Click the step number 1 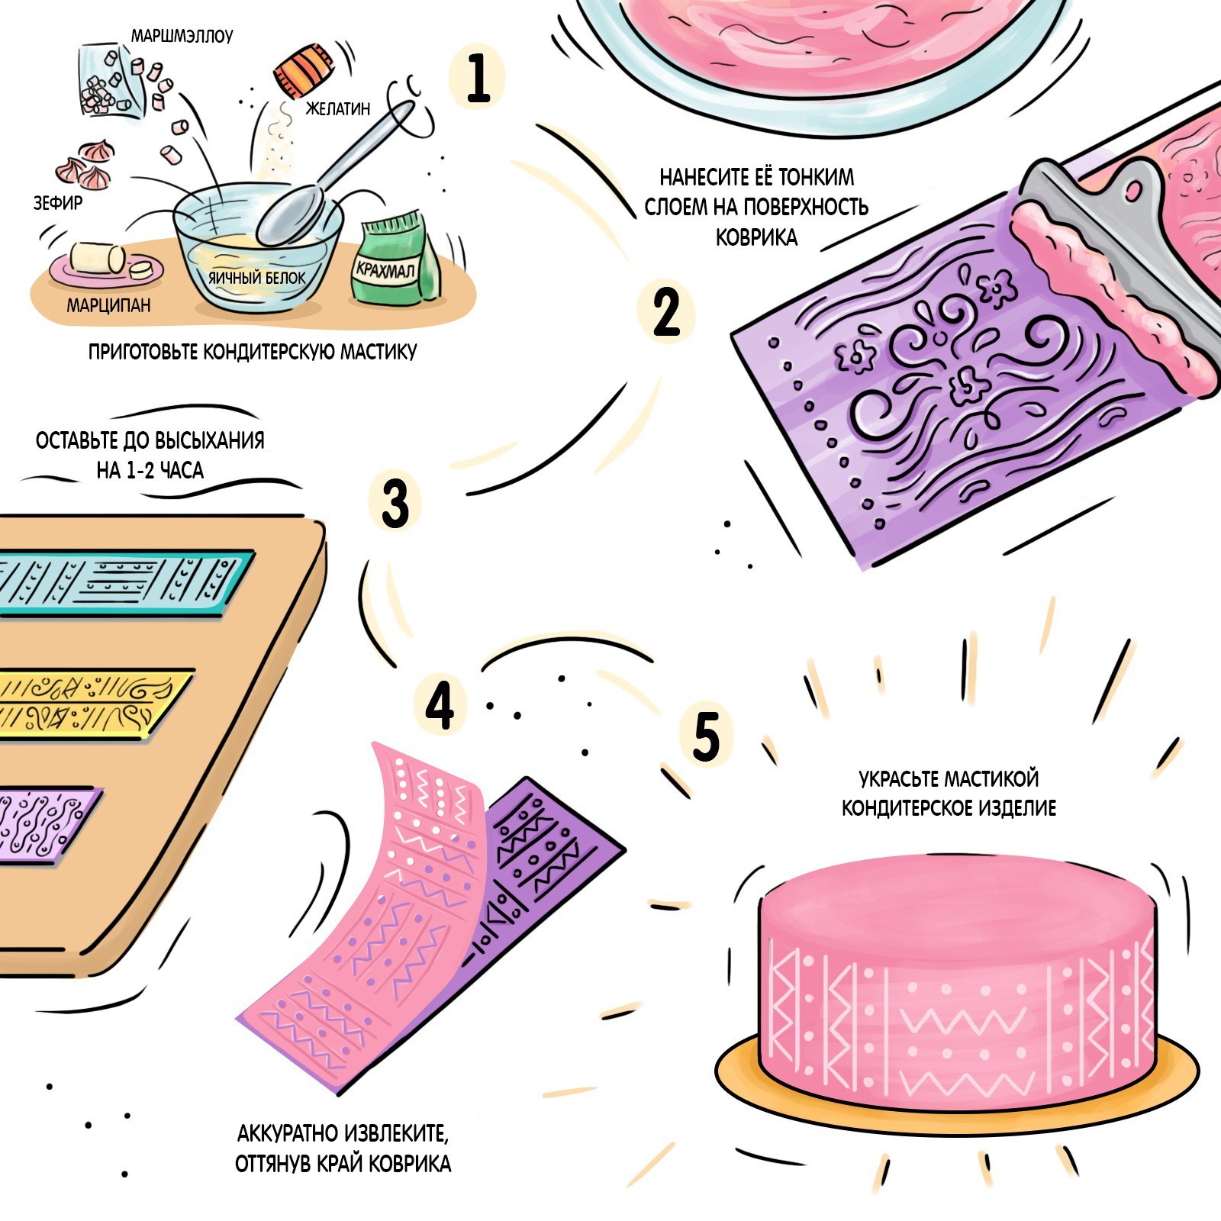(478, 76)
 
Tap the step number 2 (666, 311)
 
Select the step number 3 (395, 503)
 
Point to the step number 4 (440, 704)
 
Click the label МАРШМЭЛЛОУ (182, 36)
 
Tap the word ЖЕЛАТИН (337, 109)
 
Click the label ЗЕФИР (58, 203)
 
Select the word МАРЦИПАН (108, 305)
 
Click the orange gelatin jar (304, 70)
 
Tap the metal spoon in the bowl (336, 176)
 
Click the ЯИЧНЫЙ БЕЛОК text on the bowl (257, 278)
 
